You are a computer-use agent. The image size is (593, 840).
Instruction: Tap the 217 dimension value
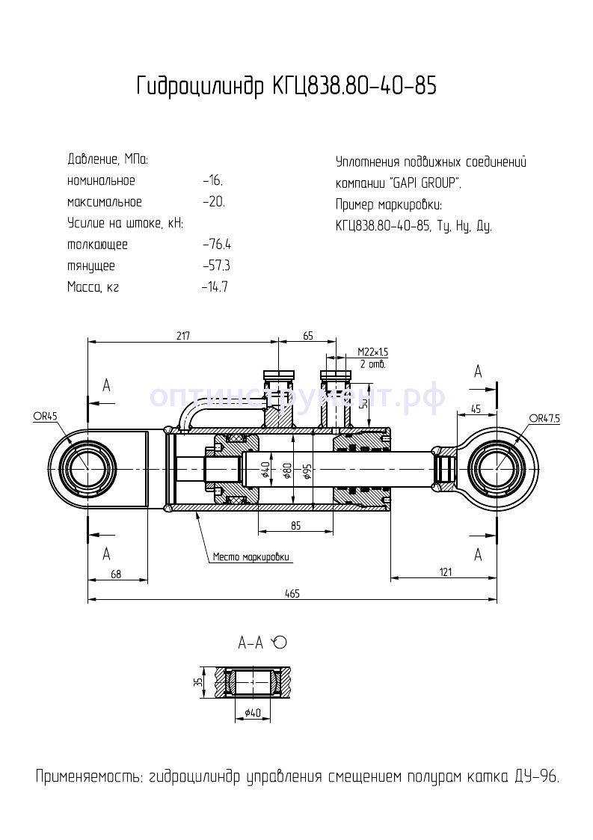[x=183, y=336]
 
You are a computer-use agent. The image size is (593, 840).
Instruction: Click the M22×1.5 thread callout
[x=372, y=352]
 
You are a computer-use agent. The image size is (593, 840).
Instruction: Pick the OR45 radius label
[x=45, y=417]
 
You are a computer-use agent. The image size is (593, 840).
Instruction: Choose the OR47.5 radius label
[x=545, y=418]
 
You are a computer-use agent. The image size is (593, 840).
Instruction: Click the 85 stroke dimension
[x=295, y=526]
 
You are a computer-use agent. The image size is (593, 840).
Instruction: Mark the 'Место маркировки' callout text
[x=251, y=557]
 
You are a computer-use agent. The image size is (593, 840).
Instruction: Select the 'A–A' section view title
[x=251, y=643]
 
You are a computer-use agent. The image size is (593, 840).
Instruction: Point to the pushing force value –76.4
[x=217, y=245]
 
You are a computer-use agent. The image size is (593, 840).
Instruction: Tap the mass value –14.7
[x=215, y=287]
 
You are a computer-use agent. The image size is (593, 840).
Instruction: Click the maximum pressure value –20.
[x=213, y=202]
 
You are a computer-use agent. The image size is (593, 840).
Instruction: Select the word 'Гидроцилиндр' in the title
[x=198, y=87]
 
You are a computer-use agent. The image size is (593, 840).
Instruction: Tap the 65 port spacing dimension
[x=307, y=336]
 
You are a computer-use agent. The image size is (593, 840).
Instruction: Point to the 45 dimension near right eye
[x=476, y=408]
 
